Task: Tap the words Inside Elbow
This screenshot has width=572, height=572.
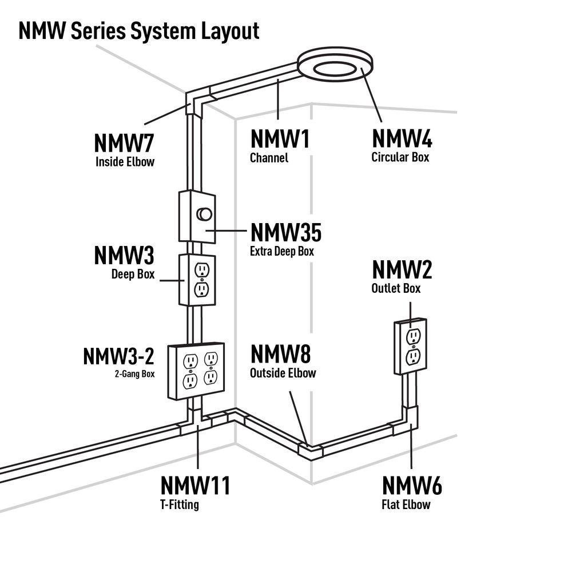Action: pyautogui.click(x=125, y=162)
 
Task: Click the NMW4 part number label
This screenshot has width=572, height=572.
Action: pyautogui.click(x=402, y=139)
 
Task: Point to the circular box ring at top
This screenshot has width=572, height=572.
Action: pyautogui.click(x=336, y=66)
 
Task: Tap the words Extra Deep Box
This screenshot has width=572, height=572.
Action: pyautogui.click(x=281, y=251)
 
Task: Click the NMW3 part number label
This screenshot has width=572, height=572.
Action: pyautogui.click(x=124, y=256)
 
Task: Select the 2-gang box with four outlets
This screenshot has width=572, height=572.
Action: pyautogui.click(x=195, y=371)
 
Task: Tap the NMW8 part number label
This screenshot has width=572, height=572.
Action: pyautogui.click(x=281, y=355)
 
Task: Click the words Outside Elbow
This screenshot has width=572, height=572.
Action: pyautogui.click(x=283, y=373)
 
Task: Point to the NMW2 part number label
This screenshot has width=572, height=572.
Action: pyautogui.click(x=402, y=270)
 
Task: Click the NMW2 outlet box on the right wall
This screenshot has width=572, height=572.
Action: pyautogui.click(x=410, y=347)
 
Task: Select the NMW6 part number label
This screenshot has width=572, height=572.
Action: pyautogui.click(x=412, y=486)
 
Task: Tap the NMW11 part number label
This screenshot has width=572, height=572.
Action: pyautogui.click(x=195, y=486)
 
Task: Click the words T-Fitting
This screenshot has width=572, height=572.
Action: pyautogui.click(x=180, y=505)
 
